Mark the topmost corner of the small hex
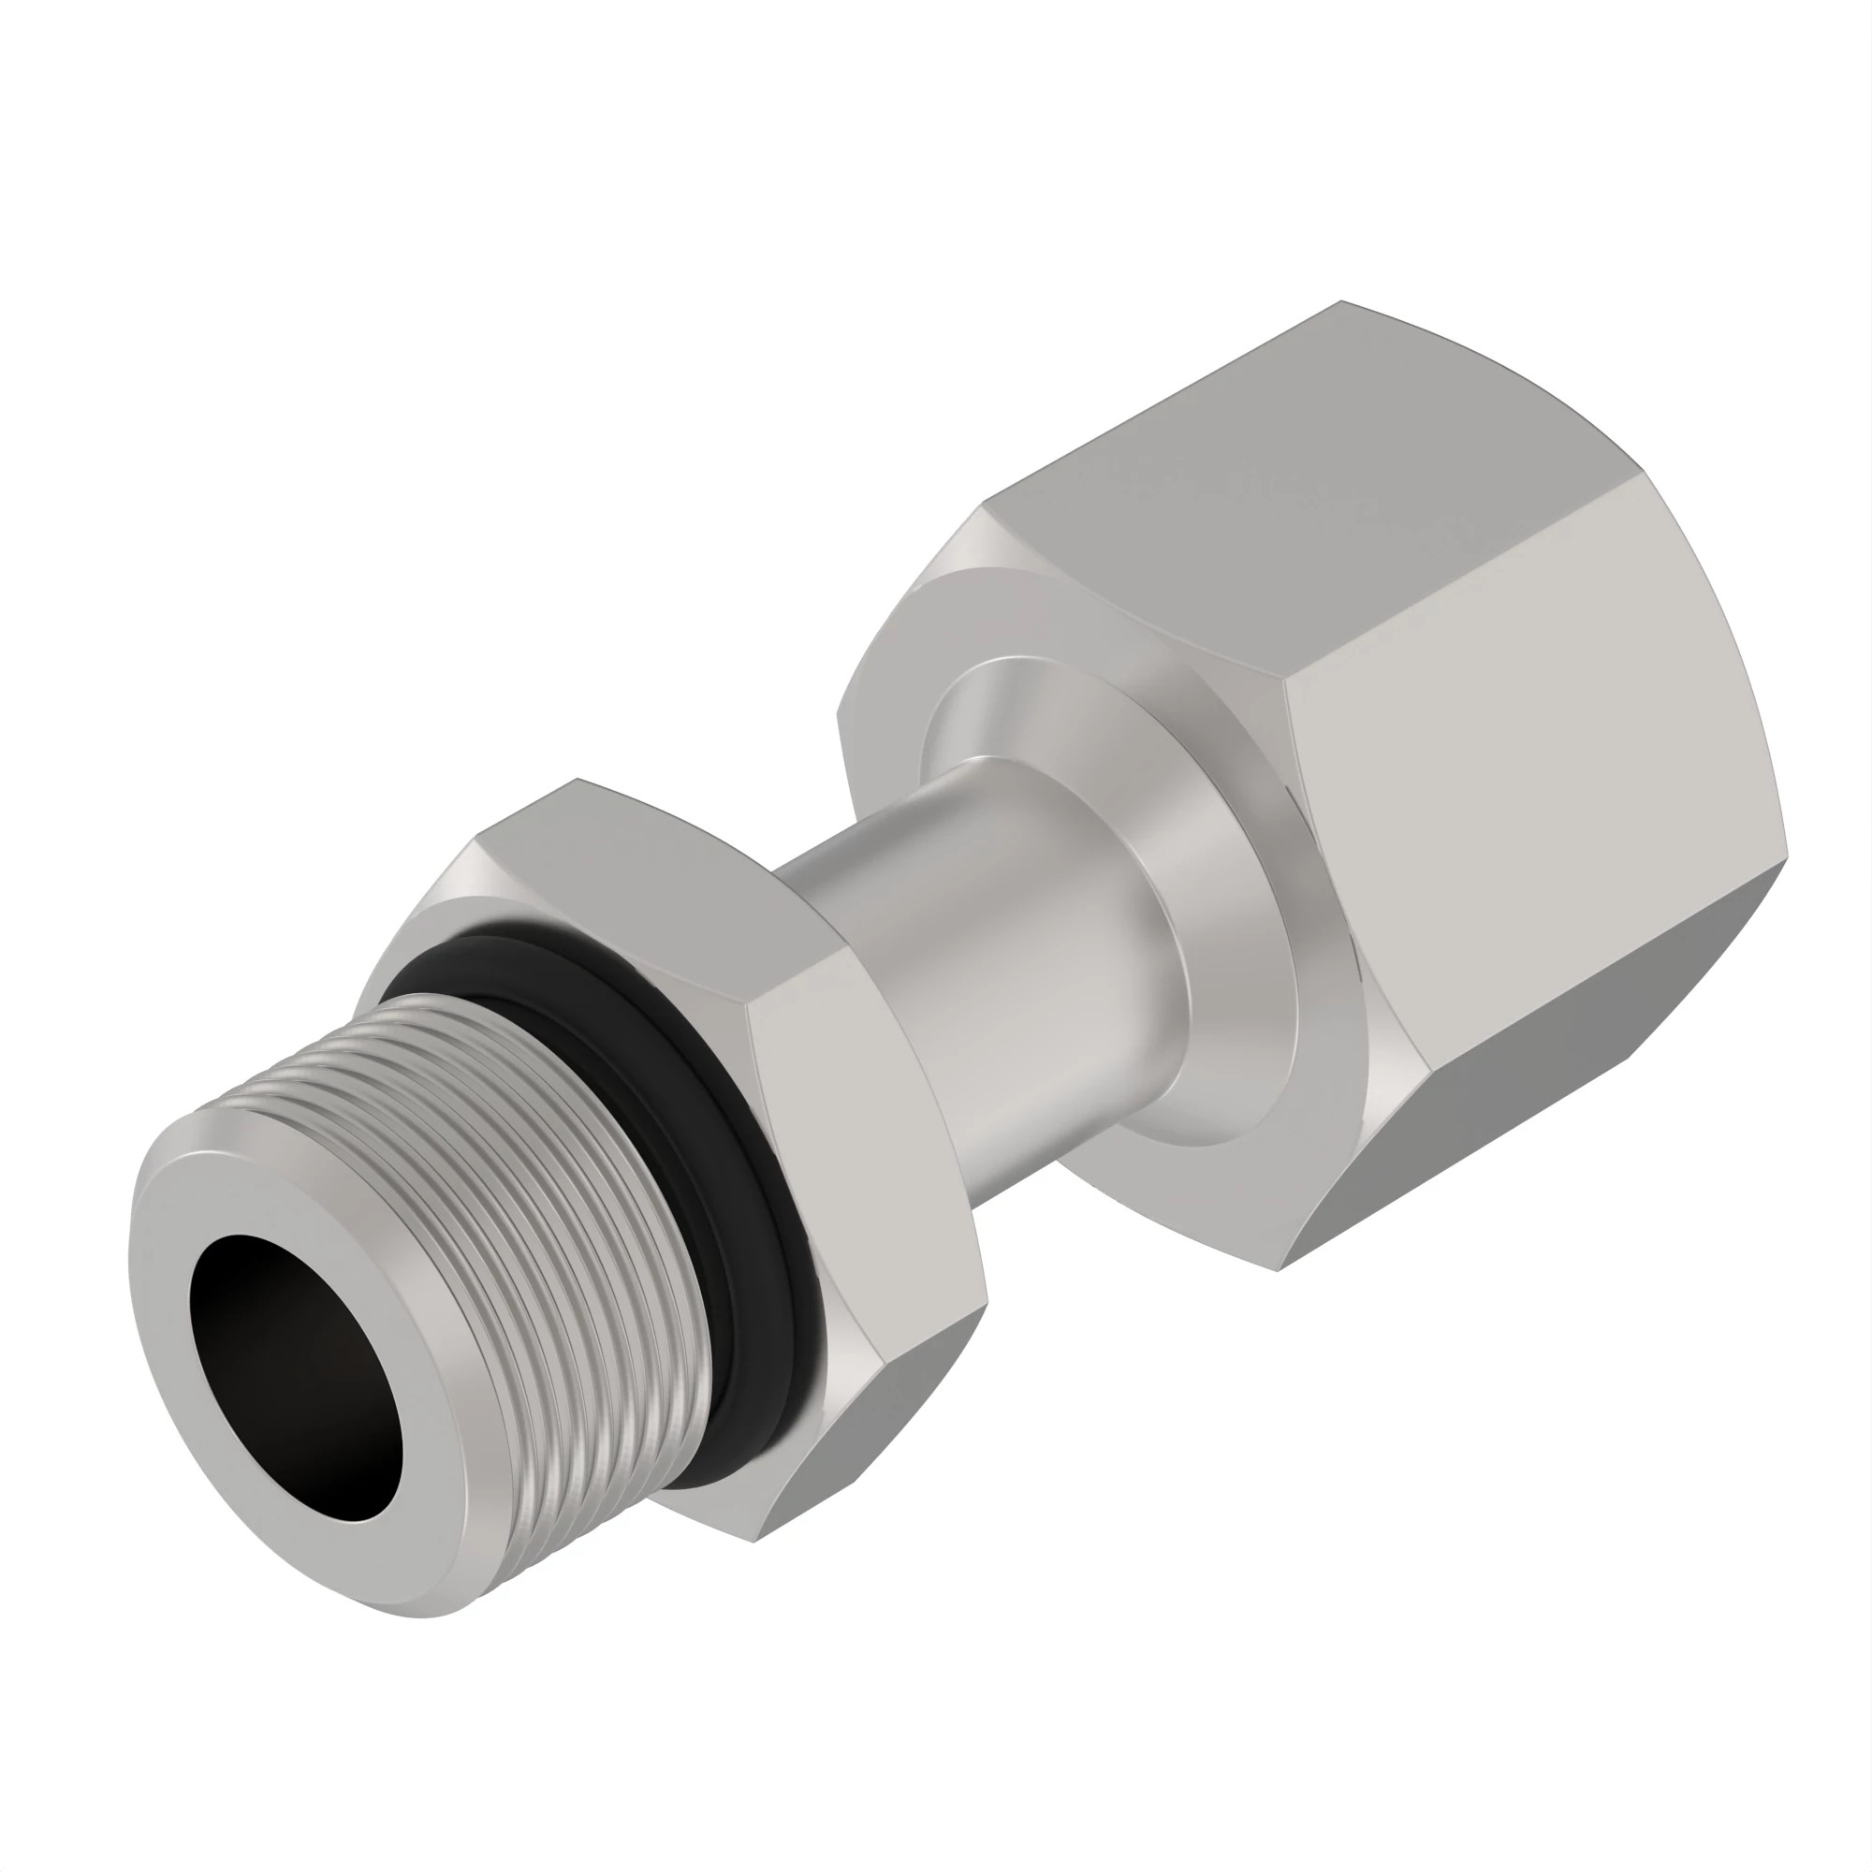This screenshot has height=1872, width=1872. [x=578, y=780]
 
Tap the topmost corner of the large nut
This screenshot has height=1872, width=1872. [x=1343, y=302]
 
